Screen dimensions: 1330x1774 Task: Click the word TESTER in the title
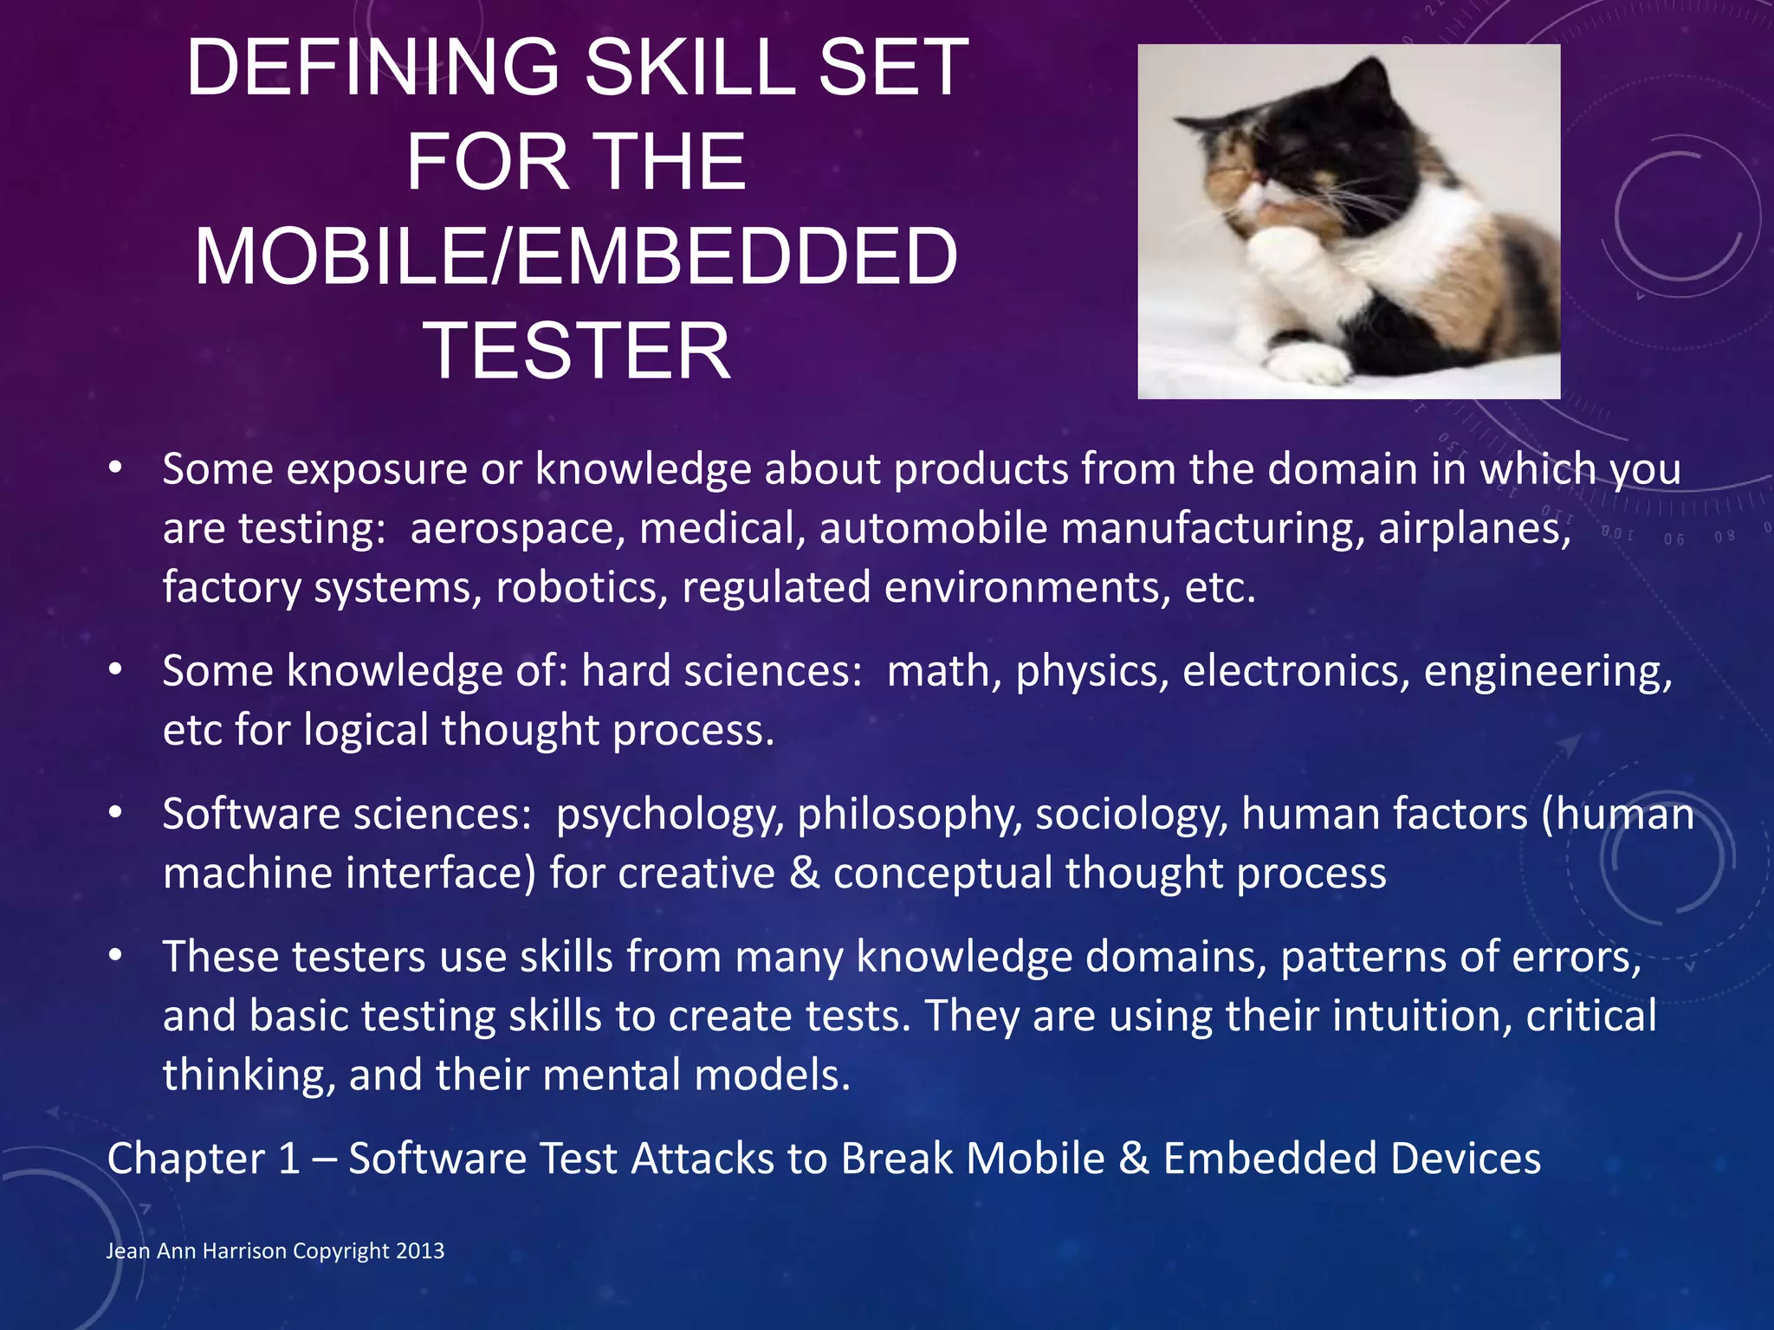(576, 351)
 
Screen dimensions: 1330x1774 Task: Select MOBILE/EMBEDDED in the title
(576, 256)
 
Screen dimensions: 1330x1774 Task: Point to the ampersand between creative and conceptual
(805, 873)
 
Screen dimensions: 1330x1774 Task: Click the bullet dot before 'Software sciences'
(115, 814)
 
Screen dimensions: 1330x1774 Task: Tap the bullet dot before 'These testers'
(115, 957)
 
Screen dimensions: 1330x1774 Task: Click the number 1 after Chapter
(289, 1159)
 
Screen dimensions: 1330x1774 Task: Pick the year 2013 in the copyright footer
(420, 1251)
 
